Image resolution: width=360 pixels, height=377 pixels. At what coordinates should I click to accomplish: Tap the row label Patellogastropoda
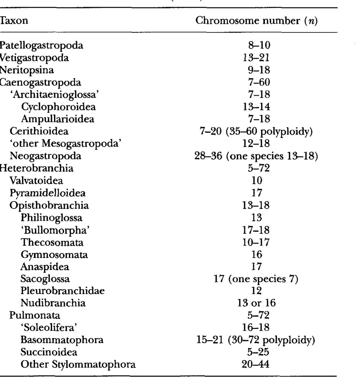pos(41,45)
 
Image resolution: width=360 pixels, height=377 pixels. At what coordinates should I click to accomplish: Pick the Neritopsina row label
pos(27,70)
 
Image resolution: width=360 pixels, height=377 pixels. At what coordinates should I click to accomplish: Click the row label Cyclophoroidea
pos(58,107)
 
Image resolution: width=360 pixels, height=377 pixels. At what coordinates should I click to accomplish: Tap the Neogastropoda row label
pos(46,156)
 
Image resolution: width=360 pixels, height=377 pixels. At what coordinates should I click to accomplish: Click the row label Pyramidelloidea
pos(47,193)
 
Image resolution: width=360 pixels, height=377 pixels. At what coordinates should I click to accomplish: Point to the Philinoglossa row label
pos(52,218)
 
